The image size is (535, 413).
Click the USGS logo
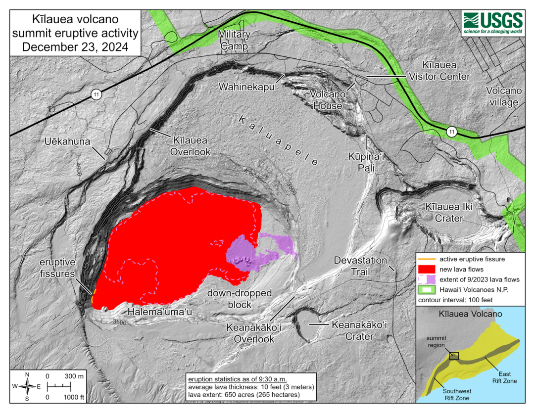point(493,23)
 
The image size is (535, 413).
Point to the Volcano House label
point(327,99)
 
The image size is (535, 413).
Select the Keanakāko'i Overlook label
point(250,333)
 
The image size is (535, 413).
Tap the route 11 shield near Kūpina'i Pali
point(450,132)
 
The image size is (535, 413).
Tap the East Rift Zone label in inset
point(503,377)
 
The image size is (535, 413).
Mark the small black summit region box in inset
point(453,356)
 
